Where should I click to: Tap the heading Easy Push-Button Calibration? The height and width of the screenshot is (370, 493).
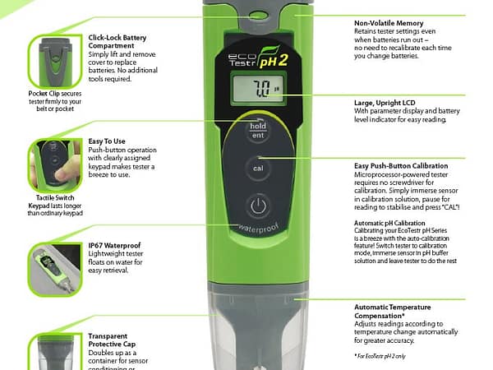(408, 165)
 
